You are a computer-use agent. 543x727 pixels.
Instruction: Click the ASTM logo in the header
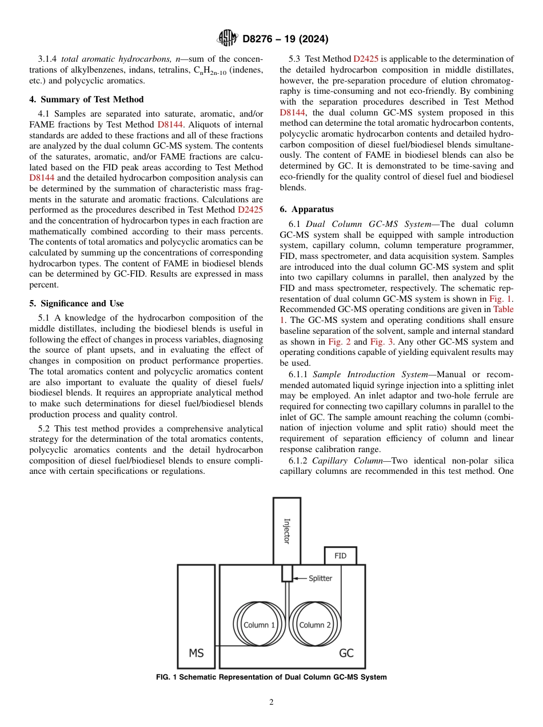pyautogui.click(x=228, y=39)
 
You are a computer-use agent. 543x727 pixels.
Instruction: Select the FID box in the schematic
pyautogui.click(x=340, y=556)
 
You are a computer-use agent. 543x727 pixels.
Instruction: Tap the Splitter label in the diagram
pyautogui.click(x=320, y=578)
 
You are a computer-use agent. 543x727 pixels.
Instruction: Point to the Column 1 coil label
pyautogui.click(x=259, y=625)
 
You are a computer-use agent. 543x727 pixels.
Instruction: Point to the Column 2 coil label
pyautogui.click(x=315, y=625)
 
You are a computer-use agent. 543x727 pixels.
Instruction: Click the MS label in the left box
pyautogui.click(x=196, y=653)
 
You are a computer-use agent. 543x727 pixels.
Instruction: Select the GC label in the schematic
pyautogui.click(x=346, y=653)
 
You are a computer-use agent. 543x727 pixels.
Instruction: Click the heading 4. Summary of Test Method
pyautogui.click(x=86, y=99)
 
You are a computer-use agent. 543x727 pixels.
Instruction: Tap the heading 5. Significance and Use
pyautogui.click(x=77, y=303)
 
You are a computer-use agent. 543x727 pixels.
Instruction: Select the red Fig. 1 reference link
pyautogui.click(x=501, y=299)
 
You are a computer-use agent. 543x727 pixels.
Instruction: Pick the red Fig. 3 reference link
pyautogui.click(x=381, y=342)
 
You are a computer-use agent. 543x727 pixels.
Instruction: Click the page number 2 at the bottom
pyautogui.click(x=271, y=702)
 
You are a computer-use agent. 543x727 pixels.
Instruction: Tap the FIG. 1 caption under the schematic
pyautogui.click(x=271, y=677)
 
